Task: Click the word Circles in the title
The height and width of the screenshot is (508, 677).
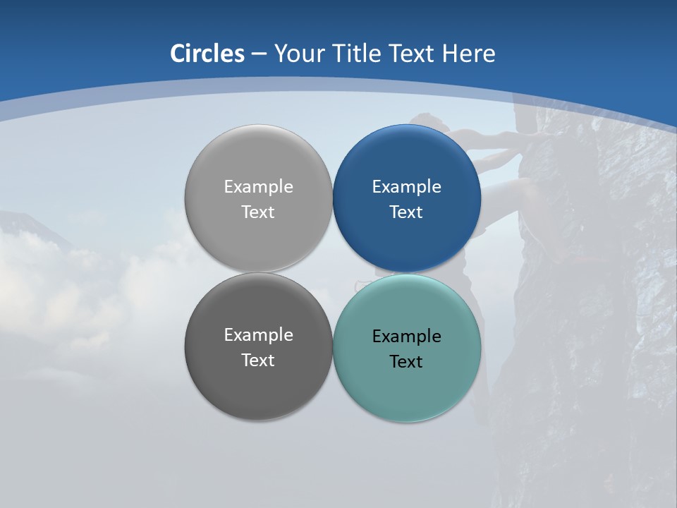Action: click(207, 54)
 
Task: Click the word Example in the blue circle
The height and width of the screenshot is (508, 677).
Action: click(406, 187)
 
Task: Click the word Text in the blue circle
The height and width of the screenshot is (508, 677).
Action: click(406, 212)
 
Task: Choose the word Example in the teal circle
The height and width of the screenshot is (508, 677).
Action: click(406, 337)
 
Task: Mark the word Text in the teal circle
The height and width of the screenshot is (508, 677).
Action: click(406, 362)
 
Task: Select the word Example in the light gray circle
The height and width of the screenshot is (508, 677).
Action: click(258, 187)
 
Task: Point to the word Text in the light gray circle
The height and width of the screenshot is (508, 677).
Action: click(258, 212)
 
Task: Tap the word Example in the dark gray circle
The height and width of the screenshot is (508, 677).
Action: click(258, 335)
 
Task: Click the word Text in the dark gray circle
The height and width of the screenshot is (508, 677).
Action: click(258, 361)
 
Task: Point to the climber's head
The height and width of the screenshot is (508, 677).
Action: click(426, 123)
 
